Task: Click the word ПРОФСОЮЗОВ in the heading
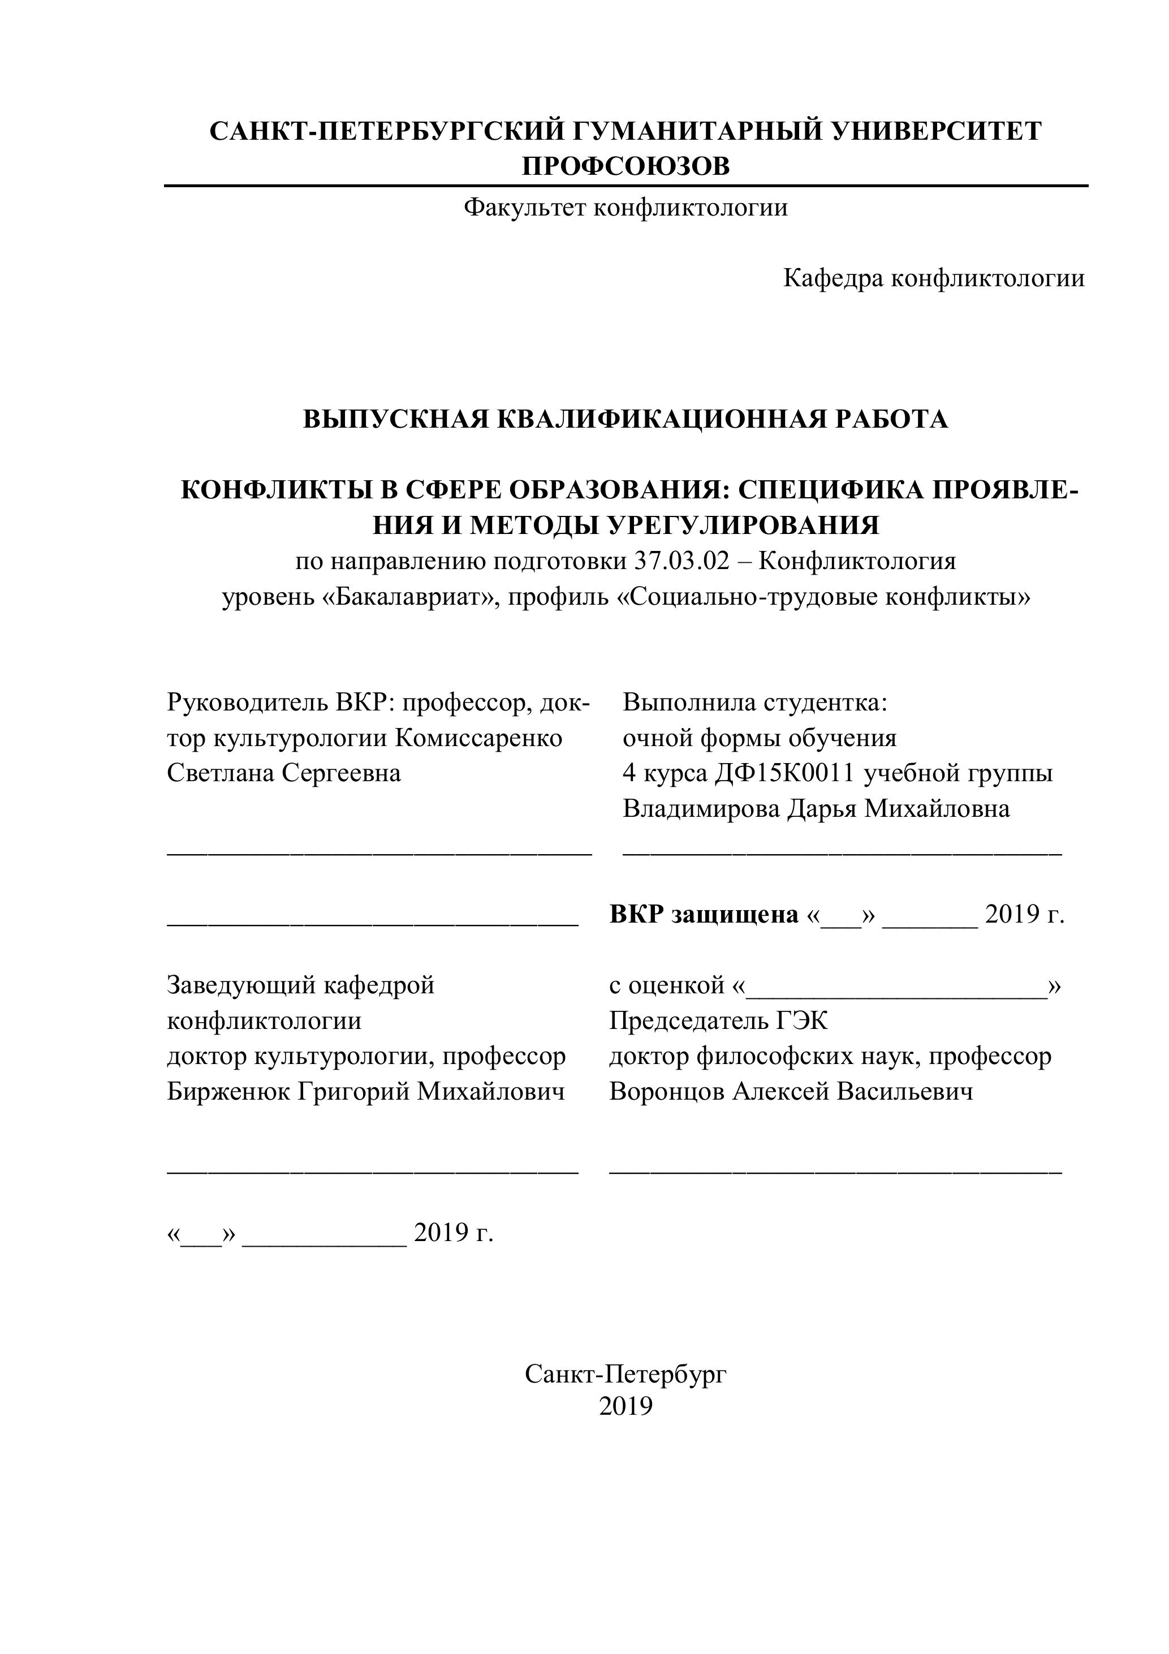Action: (x=625, y=166)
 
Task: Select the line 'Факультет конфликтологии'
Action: (x=625, y=208)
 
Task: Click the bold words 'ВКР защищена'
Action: (x=704, y=915)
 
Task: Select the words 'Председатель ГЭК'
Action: (x=718, y=1021)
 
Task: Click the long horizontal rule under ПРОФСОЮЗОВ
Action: (x=625, y=186)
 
